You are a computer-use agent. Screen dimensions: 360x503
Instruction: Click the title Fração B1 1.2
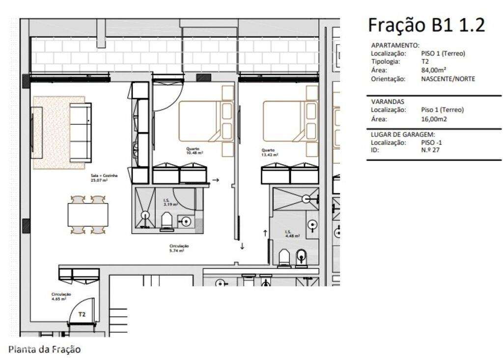pyautogui.click(x=426, y=25)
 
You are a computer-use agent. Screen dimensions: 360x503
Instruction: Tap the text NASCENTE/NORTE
pyautogui.click(x=448, y=79)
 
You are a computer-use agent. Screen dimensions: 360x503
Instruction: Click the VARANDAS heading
pyautogui.click(x=388, y=101)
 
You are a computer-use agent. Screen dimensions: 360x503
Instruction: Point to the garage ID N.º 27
pyautogui.click(x=430, y=150)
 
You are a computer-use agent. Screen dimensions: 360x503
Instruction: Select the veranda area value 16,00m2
pyautogui.click(x=434, y=119)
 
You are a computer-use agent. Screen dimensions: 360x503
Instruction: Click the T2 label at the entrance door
pyautogui.click(x=82, y=314)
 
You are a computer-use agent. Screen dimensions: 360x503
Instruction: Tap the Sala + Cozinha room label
pyautogui.click(x=104, y=177)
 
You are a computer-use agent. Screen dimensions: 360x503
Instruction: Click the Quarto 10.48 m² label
pyautogui.click(x=195, y=151)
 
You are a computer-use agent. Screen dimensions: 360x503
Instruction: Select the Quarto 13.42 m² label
pyautogui.click(x=270, y=152)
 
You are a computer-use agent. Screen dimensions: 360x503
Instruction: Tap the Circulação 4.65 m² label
pyautogui.click(x=61, y=296)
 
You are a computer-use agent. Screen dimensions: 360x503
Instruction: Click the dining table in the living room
pyautogui.click(x=88, y=215)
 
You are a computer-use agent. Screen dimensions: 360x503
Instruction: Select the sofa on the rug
pyautogui.click(x=80, y=133)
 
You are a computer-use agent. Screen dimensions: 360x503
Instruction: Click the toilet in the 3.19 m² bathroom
pyautogui.click(x=167, y=221)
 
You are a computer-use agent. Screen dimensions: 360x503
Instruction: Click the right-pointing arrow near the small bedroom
pyautogui.click(x=216, y=180)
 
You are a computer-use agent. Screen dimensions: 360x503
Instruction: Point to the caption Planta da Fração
pyautogui.click(x=44, y=349)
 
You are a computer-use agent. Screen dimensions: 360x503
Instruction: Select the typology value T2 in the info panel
pyautogui.click(x=425, y=62)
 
